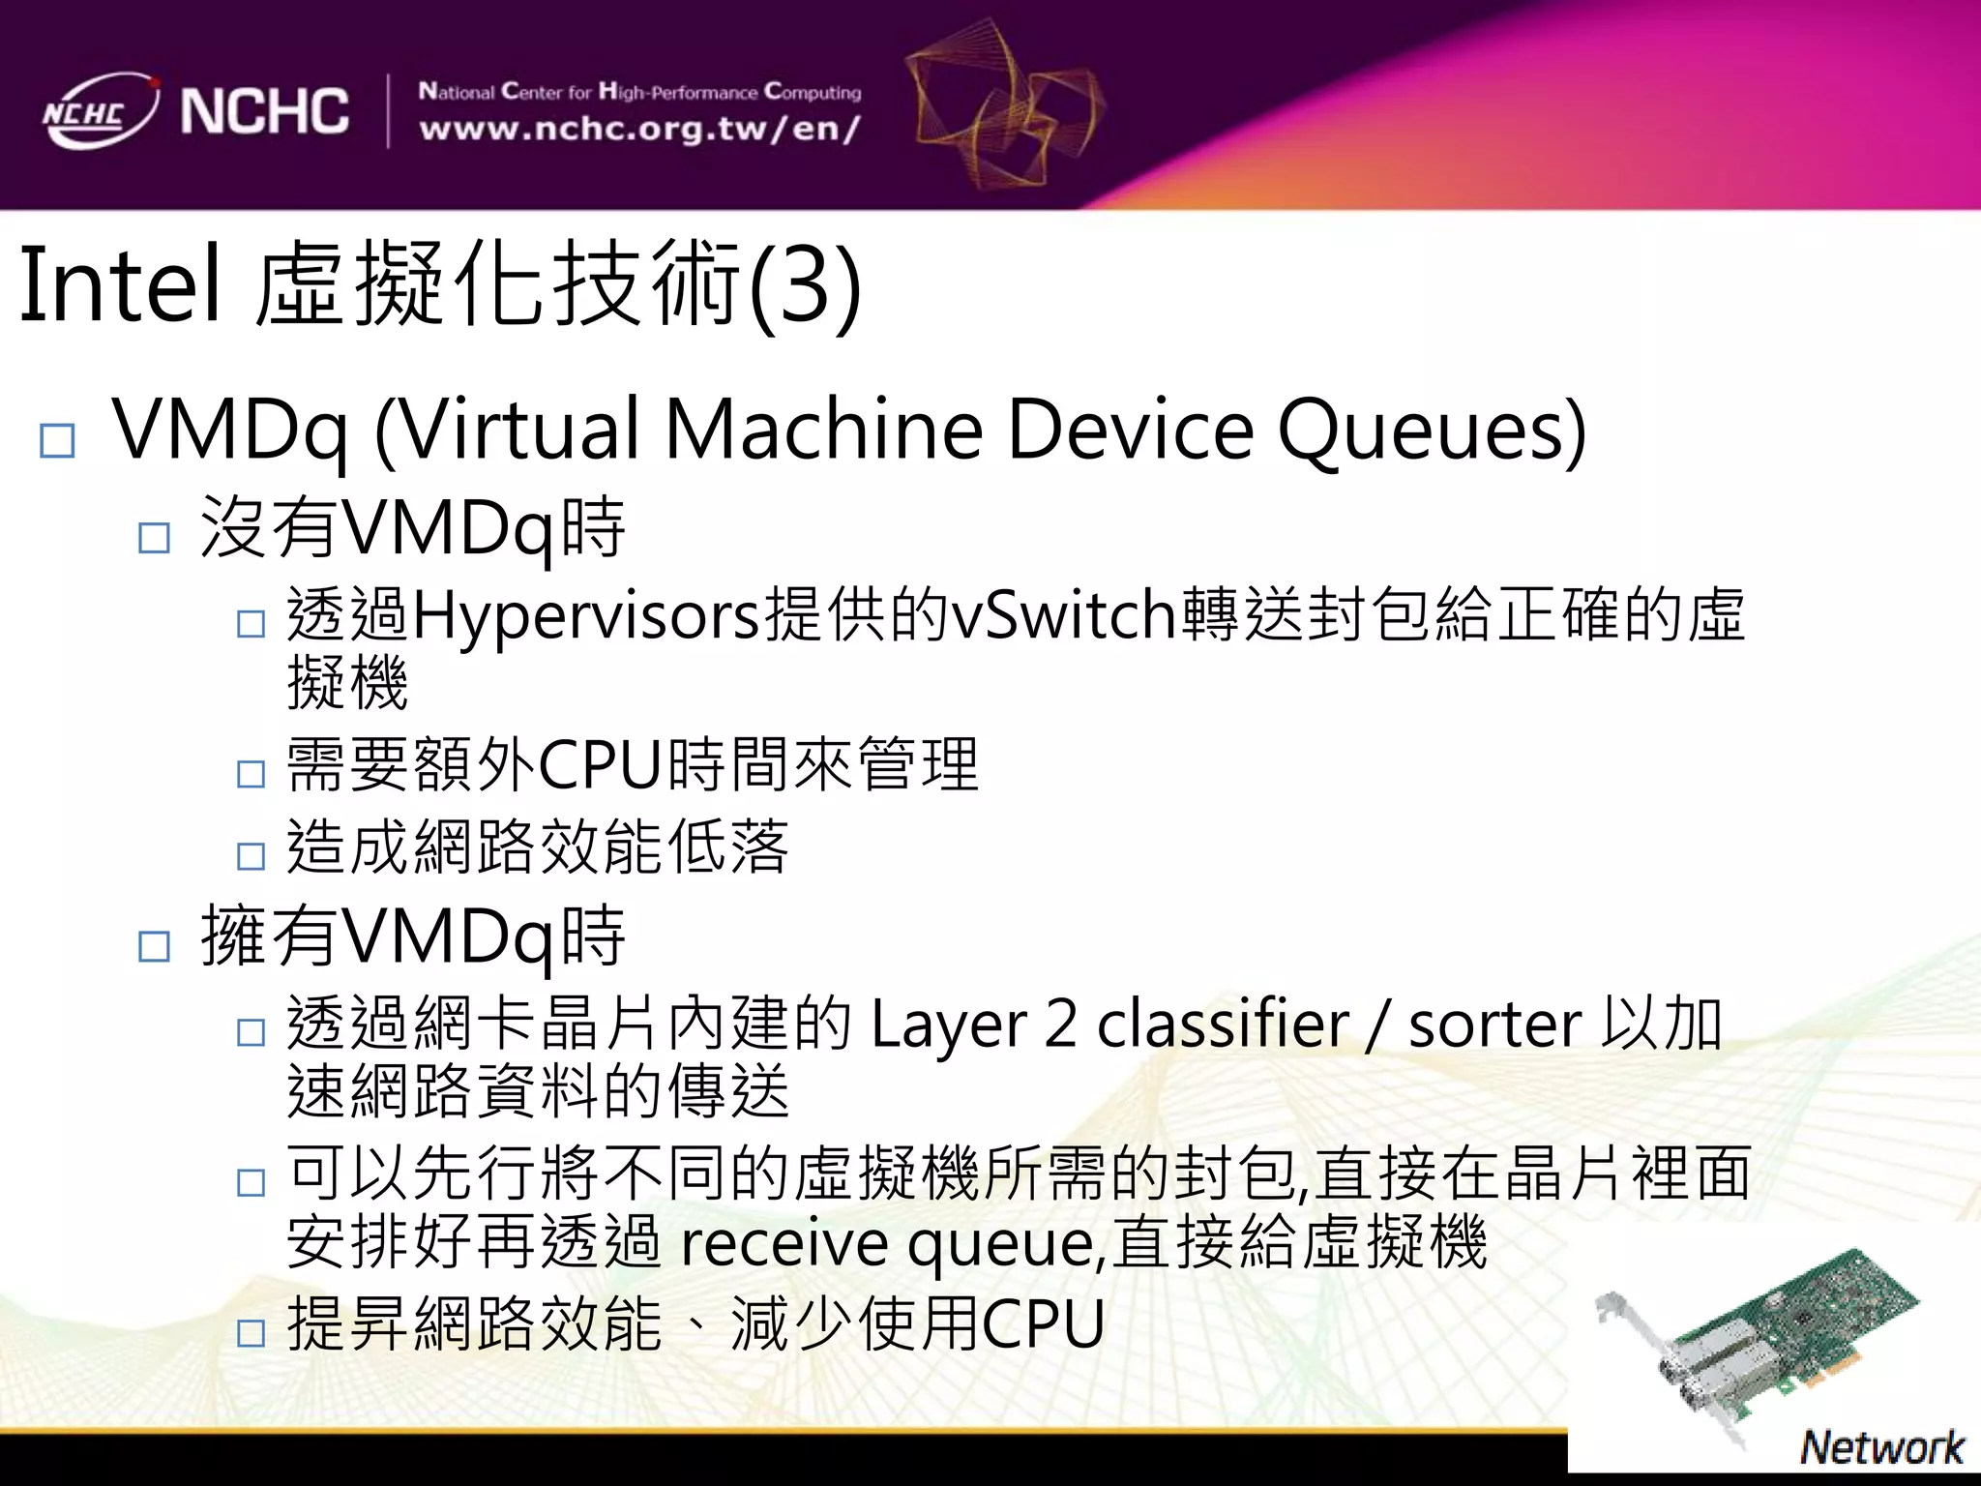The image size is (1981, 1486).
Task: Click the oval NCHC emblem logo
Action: pos(99,110)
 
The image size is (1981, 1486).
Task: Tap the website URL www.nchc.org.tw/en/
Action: pos(639,129)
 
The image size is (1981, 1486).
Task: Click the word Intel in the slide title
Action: pos(119,285)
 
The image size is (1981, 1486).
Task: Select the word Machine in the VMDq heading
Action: pos(824,429)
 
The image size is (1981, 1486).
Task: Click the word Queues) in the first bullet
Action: pos(1432,429)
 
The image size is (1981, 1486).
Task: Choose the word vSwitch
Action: pos(1064,614)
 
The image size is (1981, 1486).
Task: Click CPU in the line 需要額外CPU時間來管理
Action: pos(600,764)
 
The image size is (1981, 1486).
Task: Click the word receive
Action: pos(784,1242)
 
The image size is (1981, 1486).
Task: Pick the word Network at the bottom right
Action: pos(1880,1447)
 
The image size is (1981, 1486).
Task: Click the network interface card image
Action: pos(1760,1345)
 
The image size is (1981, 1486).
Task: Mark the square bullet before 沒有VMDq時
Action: pos(155,537)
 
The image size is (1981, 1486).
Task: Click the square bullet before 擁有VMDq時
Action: pos(155,946)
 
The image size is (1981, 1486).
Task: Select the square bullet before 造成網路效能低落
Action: pos(251,855)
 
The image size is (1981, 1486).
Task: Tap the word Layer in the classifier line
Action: pos(948,1025)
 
